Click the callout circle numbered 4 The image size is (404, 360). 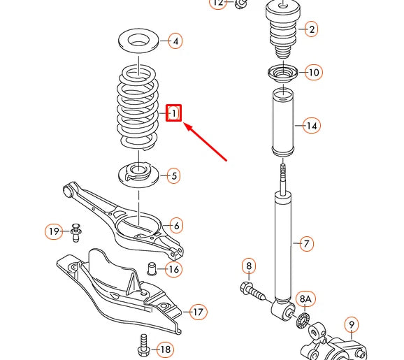click(x=175, y=41)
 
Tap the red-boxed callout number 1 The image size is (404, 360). click(x=174, y=113)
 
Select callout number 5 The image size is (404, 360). click(x=174, y=175)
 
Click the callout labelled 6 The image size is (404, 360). click(x=177, y=225)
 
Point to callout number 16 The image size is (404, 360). click(x=173, y=269)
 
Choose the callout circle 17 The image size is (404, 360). click(x=198, y=312)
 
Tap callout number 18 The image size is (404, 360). click(x=165, y=349)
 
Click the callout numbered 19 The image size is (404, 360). click(x=55, y=231)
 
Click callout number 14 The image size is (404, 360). click(x=311, y=126)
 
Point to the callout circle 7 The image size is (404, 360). click(x=305, y=244)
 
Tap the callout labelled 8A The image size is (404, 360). click(x=305, y=299)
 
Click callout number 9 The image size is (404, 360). click(x=352, y=324)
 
